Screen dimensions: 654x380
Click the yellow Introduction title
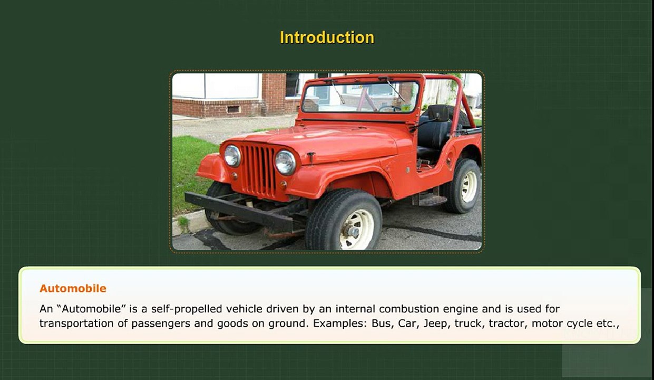(327, 37)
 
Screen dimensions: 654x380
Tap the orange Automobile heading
(73, 289)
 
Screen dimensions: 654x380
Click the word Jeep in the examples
(435, 324)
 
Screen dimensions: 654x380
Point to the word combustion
(409, 309)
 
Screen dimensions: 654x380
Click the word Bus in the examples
(381, 324)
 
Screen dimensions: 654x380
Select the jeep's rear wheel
(463, 186)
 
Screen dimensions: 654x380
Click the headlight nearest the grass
(232, 156)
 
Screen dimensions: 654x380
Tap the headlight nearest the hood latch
(285, 163)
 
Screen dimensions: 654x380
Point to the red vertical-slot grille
(259, 171)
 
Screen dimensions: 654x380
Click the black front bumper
(239, 211)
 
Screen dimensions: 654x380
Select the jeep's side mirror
(438, 113)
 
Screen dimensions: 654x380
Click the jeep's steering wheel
(390, 108)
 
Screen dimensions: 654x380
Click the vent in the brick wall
(233, 109)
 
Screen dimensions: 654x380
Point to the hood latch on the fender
(311, 158)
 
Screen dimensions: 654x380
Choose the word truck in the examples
(468, 324)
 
